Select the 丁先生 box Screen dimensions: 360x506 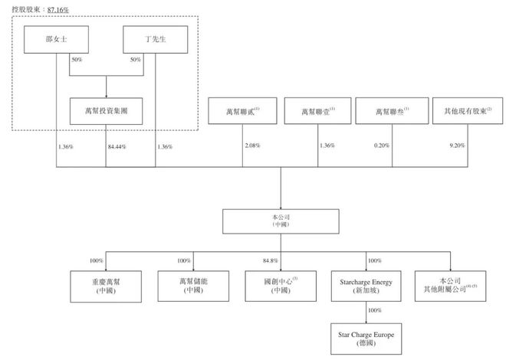pos(155,40)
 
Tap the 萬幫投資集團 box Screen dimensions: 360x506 pos(106,111)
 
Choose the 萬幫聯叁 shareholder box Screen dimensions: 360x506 pos(391,112)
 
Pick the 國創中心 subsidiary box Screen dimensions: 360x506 pos(279,286)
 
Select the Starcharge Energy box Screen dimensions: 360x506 pos(366,286)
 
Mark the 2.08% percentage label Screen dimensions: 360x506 pos(253,145)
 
